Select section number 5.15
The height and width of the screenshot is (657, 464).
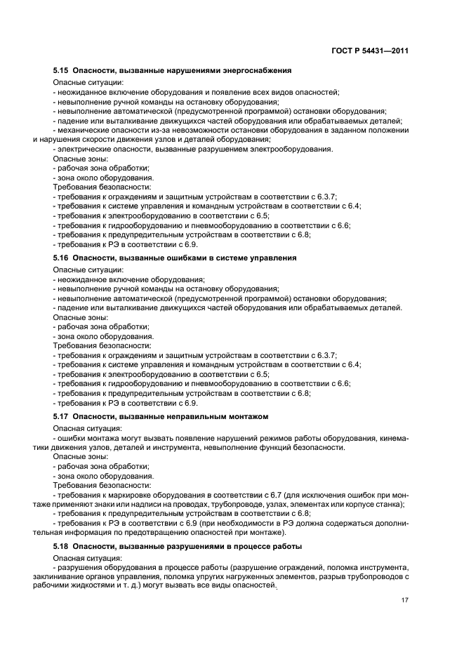pyautogui.click(x=62, y=71)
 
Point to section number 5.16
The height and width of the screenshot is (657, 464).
pyautogui.click(x=62, y=258)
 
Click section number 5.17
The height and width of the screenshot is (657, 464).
pyautogui.click(x=62, y=416)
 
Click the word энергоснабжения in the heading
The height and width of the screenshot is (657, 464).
pyautogui.click(x=256, y=71)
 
